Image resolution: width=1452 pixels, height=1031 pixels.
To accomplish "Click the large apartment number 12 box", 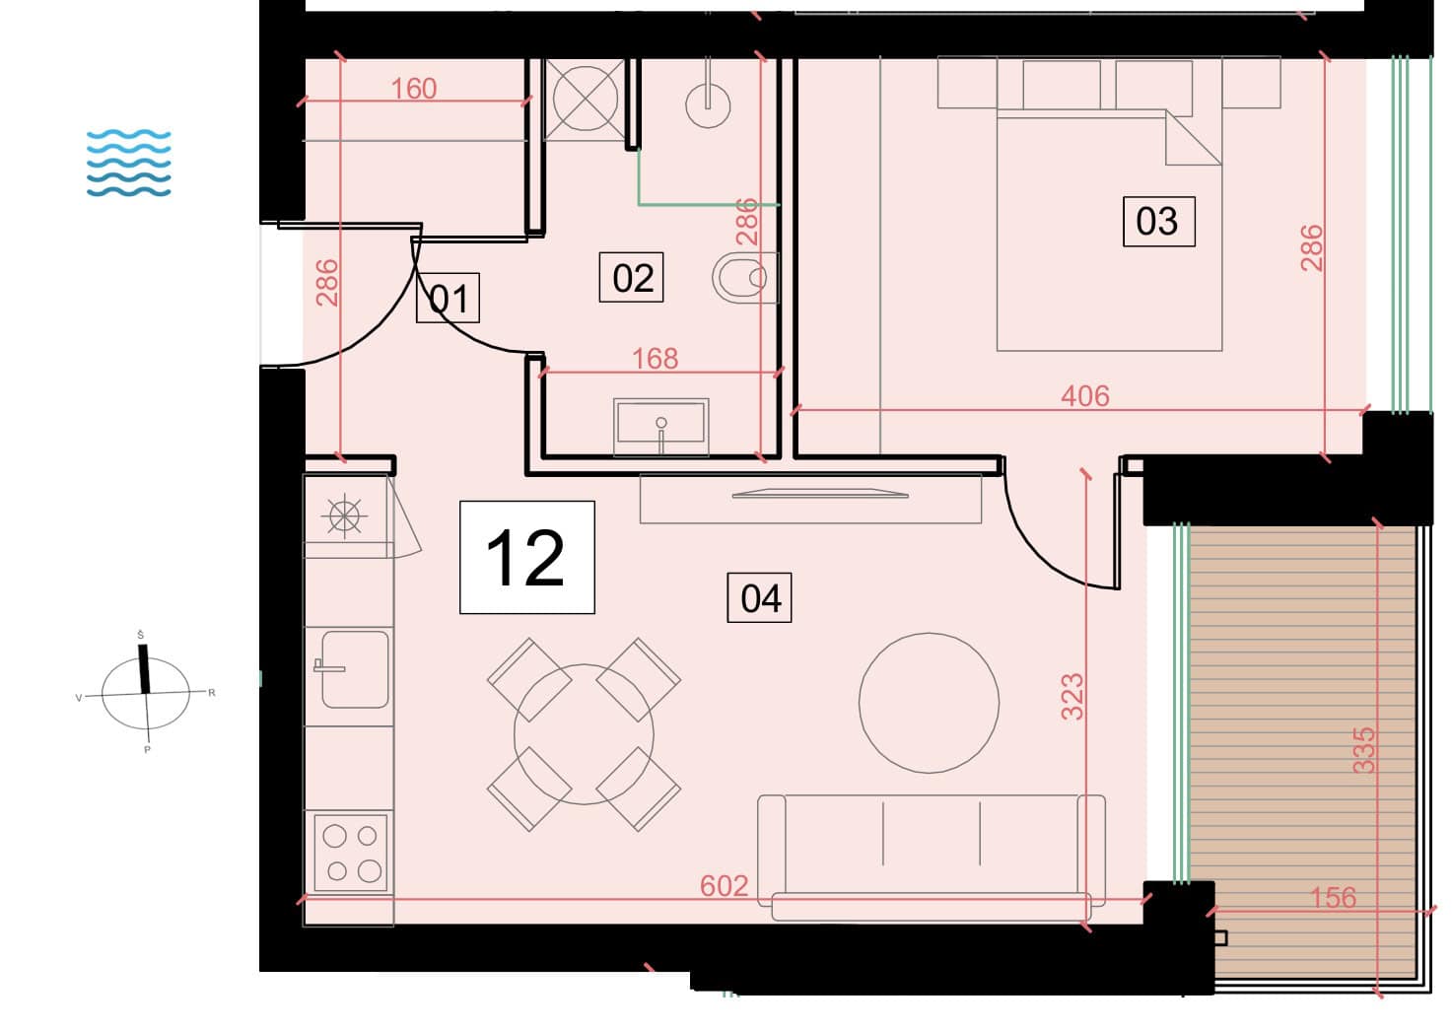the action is click(x=527, y=557).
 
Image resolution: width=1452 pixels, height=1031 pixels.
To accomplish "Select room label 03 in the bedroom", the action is click(x=1158, y=221).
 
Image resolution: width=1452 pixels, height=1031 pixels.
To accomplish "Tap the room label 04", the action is click(x=759, y=597).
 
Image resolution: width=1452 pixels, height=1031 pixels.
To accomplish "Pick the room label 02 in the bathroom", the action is click(x=631, y=277).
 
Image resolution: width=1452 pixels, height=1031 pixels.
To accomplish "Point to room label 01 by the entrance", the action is click(x=448, y=298).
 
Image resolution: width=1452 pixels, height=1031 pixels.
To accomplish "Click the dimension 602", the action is click(x=725, y=885).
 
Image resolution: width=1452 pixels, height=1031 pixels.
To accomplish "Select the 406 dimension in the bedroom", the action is click(x=1085, y=395).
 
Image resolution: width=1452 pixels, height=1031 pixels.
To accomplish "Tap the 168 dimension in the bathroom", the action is click(x=655, y=359).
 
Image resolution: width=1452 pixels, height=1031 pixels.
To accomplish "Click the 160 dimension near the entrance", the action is click(x=414, y=89).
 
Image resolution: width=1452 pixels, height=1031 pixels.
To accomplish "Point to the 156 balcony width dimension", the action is click(x=1333, y=898).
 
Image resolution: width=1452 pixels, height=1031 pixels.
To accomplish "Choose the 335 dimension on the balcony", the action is click(x=1363, y=750).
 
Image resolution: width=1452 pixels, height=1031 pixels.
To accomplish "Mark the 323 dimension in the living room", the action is click(x=1072, y=697).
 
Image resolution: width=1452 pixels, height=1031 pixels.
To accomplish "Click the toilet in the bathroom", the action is click(x=745, y=277).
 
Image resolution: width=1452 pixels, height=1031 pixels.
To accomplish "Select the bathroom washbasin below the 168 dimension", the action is click(x=660, y=427).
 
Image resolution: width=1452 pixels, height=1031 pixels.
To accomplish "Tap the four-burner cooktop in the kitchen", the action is click(x=351, y=853).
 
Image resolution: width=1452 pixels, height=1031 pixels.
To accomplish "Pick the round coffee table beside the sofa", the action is click(x=929, y=703).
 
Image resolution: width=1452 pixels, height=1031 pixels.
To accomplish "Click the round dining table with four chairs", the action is click(x=584, y=734).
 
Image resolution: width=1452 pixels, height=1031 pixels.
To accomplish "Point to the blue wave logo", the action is click(x=129, y=163).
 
